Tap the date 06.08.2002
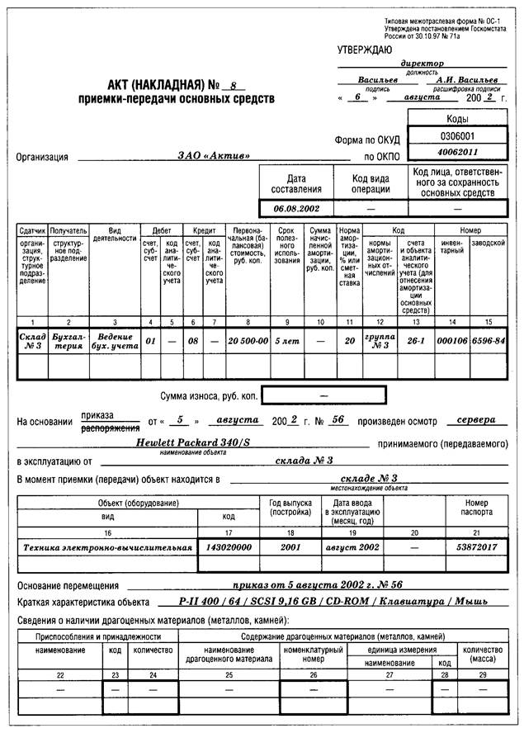(297, 208)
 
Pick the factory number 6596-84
(489, 340)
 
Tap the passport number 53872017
(476, 546)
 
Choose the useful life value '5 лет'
(287, 340)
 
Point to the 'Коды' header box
(457, 119)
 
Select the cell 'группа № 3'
(380, 340)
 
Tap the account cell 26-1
(416, 340)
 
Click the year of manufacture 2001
(290, 546)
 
